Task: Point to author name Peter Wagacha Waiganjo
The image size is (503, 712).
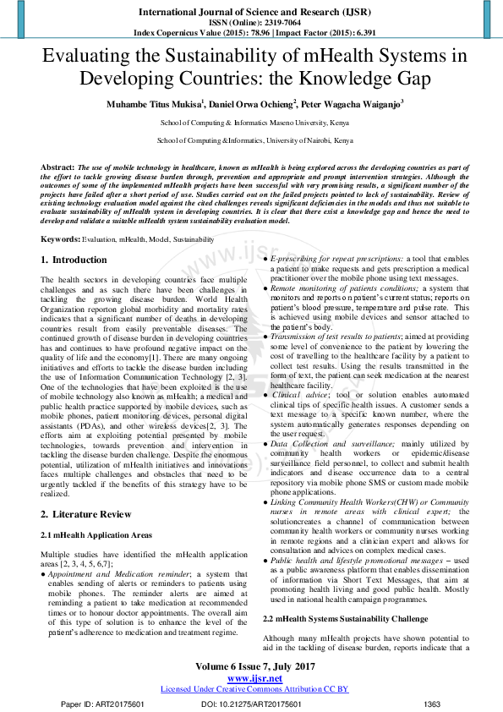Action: pos(353,104)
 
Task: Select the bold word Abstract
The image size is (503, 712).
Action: pos(57,168)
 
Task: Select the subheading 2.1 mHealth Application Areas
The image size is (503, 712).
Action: pos(97,536)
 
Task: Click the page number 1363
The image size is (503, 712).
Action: pos(432,704)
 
